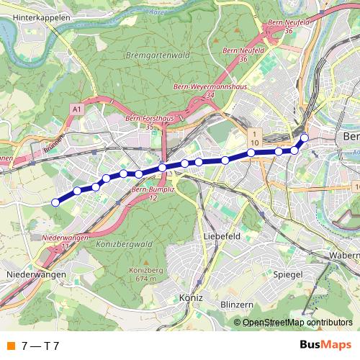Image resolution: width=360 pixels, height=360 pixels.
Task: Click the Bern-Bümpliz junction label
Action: (149, 193)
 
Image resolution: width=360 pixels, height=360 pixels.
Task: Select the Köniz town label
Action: (190, 297)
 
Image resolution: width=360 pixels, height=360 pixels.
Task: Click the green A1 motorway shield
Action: (76, 108)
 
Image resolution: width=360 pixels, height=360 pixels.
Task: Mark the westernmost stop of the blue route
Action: (55, 202)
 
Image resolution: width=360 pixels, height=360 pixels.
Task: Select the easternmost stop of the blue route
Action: (304, 137)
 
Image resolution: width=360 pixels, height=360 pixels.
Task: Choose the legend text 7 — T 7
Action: (40, 345)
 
